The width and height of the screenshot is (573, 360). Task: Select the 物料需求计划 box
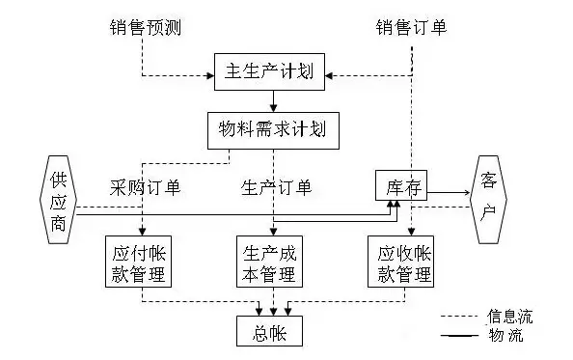[274, 128]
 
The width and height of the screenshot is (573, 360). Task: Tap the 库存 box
[399, 185]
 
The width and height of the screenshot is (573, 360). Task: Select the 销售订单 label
[410, 28]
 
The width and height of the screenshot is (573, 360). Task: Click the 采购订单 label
[146, 185]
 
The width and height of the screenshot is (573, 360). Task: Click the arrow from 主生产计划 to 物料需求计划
[274, 100]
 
